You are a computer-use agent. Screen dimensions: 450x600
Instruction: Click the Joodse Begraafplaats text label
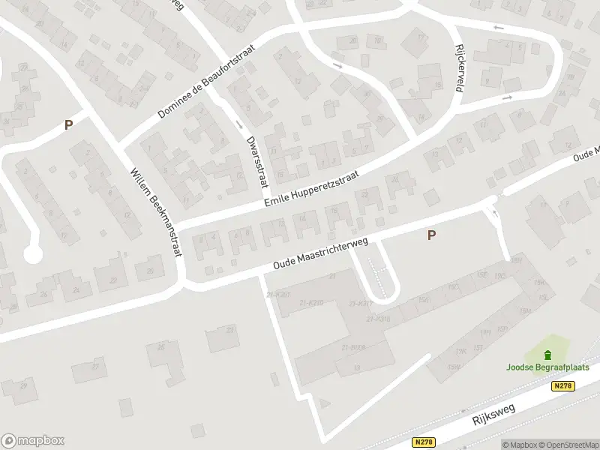547,367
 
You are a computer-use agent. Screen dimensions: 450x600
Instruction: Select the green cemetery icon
547,355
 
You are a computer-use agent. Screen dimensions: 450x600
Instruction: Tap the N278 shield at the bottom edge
424,443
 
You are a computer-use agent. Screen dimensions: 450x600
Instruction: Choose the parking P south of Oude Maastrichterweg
431,235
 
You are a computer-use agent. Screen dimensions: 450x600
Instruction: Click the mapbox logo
33,440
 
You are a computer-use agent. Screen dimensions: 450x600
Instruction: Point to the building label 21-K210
310,302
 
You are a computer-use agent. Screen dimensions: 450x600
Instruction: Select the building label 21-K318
379,319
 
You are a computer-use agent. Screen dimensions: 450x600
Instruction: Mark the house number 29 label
24,385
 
